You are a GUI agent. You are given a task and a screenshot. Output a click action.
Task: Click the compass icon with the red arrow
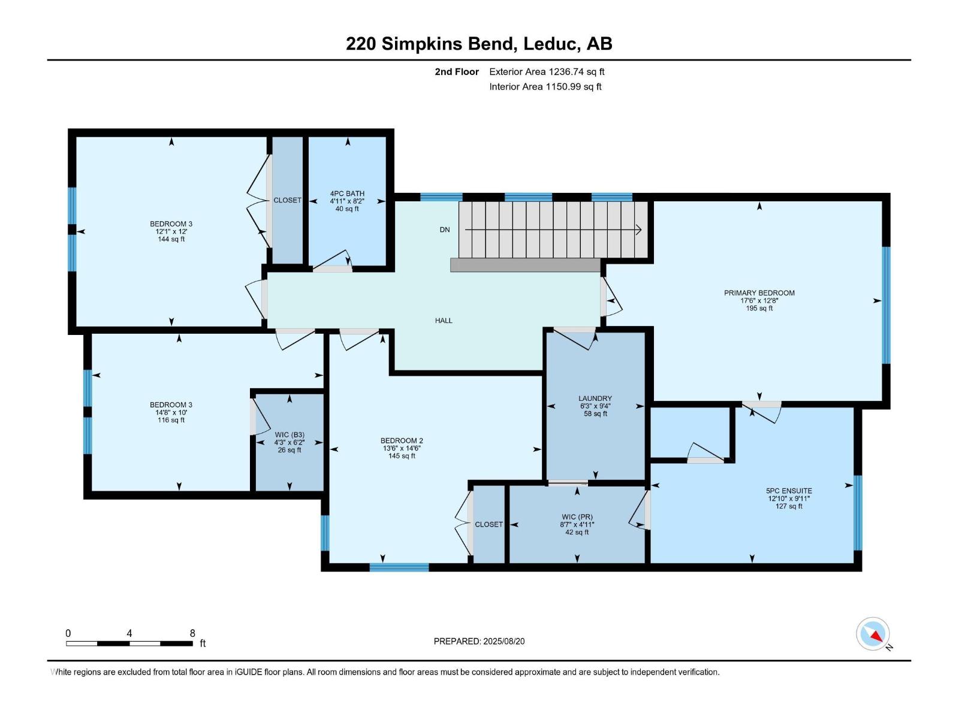click(x=873, y=634)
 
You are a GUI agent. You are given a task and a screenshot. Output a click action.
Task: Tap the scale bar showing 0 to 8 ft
click(x=129, y=644)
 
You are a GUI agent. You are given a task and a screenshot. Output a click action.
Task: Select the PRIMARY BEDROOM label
click(x=759, y=293)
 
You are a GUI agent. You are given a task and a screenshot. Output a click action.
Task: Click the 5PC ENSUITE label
click(x=789, y=491)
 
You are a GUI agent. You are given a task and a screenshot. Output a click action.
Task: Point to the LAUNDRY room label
click(x=595, y=398)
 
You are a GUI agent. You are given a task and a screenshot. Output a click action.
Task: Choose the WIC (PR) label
click(x=577, y=517)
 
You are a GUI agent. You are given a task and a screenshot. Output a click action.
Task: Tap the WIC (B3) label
click(x=289, y=435)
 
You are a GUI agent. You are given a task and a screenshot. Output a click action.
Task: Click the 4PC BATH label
click(x=347, y=194)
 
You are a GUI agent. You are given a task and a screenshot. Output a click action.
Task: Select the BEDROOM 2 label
click(x=402, y=441)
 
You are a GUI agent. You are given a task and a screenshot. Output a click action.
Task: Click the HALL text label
click(x=444, y=321)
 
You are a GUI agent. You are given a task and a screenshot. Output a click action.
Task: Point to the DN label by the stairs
click(x=445, y=229)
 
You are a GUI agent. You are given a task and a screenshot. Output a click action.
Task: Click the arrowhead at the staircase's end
click(x=639, y=229)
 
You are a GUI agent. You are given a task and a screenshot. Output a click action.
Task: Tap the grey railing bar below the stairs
click(x=525, y=265)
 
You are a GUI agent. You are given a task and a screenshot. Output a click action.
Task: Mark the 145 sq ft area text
click(x=402, y=456)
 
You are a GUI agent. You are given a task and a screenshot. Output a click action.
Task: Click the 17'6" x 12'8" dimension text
click(x=759, y=301)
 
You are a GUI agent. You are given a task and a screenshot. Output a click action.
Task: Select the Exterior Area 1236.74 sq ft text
click(x=547, y=71)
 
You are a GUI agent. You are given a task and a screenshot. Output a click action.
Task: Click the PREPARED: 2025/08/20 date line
click(x=479, y=641)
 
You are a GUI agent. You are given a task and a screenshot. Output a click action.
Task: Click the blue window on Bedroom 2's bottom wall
click(x=399, y=567)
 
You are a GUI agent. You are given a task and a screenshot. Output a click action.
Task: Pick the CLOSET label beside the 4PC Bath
click(x=287, y=200)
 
